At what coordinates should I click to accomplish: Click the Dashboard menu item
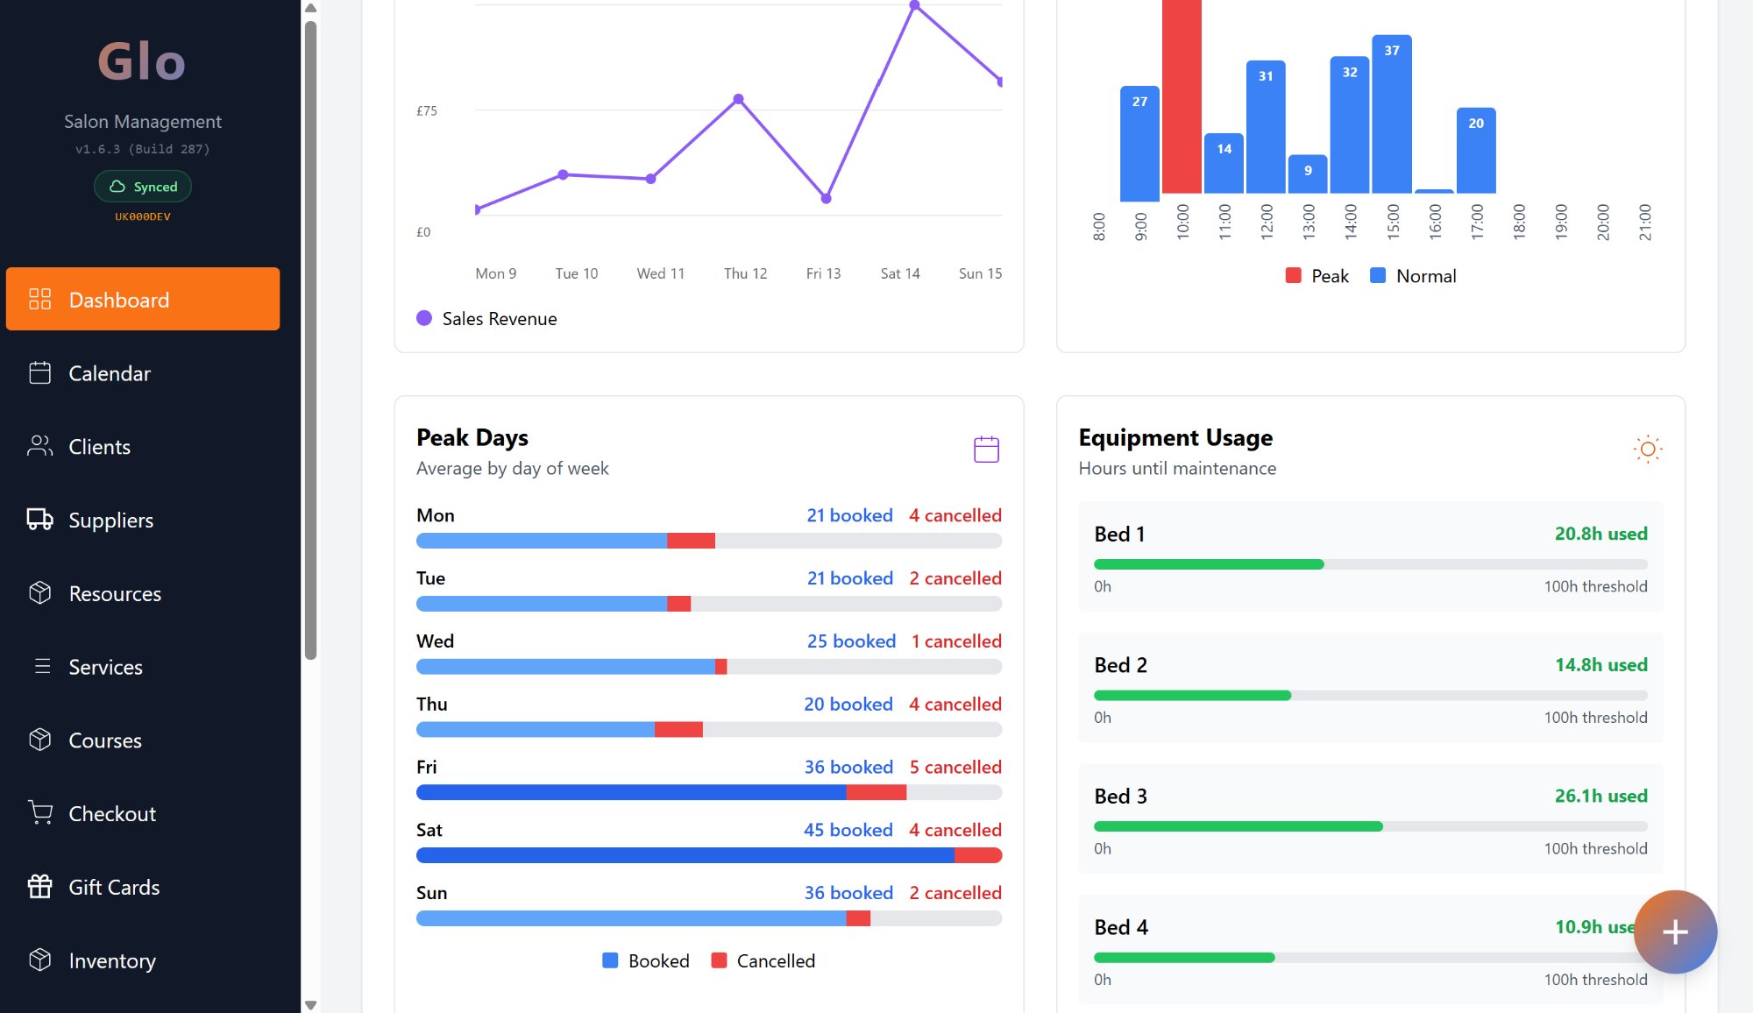coord(142,299)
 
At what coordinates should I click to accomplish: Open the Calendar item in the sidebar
coord(109,373)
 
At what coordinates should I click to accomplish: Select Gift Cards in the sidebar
coord(113,887)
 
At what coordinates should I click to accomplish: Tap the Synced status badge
coord(143,187)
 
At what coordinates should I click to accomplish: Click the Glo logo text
coord(142,61)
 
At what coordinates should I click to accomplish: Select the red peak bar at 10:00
coord(1181,96)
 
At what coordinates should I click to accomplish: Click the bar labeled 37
coord(1391,114)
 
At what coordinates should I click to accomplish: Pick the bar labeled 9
coord(1307,174)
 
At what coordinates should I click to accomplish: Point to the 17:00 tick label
coord(1477,222)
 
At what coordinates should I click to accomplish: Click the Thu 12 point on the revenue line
coord(738,99)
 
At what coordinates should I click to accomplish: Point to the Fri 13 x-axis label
coord(822,273)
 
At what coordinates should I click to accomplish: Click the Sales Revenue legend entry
coord(486,319)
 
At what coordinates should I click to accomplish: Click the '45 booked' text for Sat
coord(848,830)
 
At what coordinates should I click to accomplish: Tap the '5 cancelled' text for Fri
coord(955,767)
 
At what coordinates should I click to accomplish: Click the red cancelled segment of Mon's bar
coord(691,541)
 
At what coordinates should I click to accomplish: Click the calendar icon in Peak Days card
coord(986,449)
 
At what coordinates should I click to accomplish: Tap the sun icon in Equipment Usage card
coord(1647,449)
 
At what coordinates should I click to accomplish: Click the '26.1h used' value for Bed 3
coord(1600,796)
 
